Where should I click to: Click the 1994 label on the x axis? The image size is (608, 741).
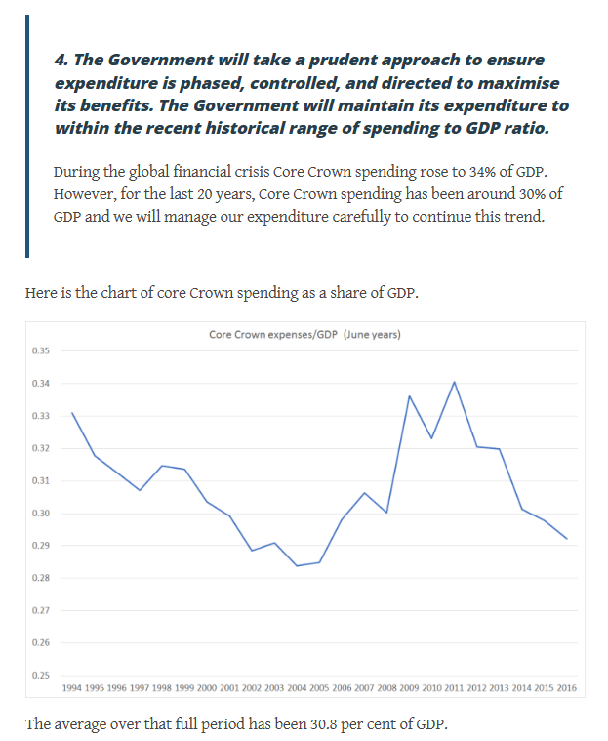pos(72,688)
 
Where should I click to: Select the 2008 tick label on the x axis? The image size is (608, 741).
pos(386,688)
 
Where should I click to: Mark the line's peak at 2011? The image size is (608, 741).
pos(454,382)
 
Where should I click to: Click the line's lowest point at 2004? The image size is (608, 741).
pos(297,565)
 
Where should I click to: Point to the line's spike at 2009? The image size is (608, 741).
pos(409,396)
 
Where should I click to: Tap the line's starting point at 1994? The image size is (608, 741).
pos(72,413)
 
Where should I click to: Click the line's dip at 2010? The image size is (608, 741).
pos(431,438)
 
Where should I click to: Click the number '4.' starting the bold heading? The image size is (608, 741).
pos(61,61)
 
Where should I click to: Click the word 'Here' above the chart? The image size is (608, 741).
pos(43,293)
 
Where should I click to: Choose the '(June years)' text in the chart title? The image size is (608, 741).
pos(372,335)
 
